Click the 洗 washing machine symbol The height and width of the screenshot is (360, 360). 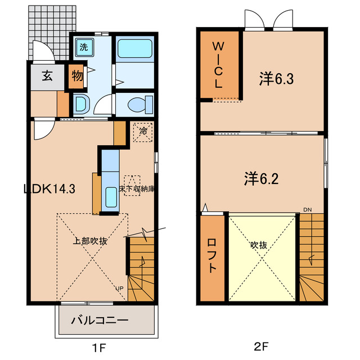tap(83, 48)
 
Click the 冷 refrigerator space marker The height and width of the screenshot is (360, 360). tap(143, 132)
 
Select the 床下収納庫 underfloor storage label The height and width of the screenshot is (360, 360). tap(137, 189)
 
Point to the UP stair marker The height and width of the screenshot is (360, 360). tap(119, 289)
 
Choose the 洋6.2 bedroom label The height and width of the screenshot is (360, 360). tap(262, 179)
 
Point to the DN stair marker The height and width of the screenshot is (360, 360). tap(307, 210)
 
